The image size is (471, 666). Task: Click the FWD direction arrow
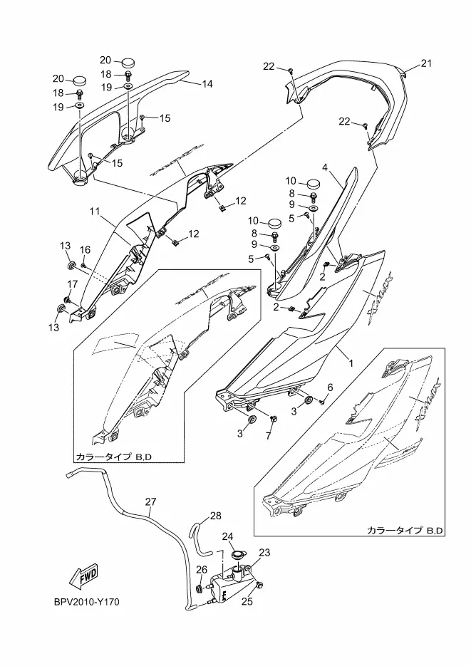(x=84, y=575)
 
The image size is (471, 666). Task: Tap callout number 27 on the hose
(x=150, y=502)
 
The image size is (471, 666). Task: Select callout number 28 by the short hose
(x=216, y=515)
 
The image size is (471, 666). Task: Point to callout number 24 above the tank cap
(x=228, y=536)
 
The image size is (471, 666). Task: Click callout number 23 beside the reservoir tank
(x=264, y=552)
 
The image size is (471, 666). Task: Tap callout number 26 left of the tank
(x=202, y=569)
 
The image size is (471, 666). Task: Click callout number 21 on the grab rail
(x=426, y=63)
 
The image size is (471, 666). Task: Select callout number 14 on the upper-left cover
(x=207, y=84)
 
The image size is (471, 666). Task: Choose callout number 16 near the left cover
(x=86, y=249)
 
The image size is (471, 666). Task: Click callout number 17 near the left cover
(x=71, y=285)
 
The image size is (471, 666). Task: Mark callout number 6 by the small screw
(x=330, y=387)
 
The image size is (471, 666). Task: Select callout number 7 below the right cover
(x=270, y=435)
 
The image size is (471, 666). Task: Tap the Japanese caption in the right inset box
(x=405, y=531)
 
